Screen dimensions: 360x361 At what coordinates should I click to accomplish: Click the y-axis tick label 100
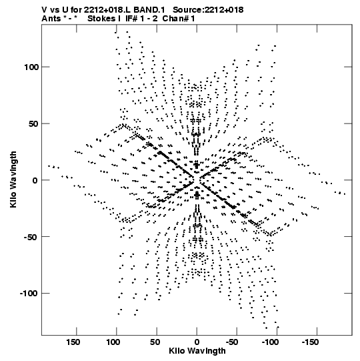click(x=31, y=67)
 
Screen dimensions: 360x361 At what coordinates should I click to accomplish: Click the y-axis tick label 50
click(x=34, y=124)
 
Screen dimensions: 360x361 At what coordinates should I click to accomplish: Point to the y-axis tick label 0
click(x=35, y=180)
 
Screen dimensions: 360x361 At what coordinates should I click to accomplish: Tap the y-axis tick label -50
click(x=31, y=237)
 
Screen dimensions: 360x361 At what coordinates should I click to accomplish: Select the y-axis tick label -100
click(x=29, y=294)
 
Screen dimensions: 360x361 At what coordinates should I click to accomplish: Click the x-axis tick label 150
click(x=73, y=342)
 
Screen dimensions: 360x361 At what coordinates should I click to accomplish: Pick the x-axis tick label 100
click(x=113, y=342)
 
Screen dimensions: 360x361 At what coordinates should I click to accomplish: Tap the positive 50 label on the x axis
click(x=155, y=342)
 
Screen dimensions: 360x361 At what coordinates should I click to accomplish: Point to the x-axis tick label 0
click(x=197, y=342)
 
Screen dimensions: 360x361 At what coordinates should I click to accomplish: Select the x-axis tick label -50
click(x=232, y=342)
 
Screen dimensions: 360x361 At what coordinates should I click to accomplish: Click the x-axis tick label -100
click(x=270, y=342)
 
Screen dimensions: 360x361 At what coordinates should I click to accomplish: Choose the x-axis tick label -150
click(x=310, y=342)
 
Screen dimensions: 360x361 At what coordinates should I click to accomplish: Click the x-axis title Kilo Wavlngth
click(x=197, y=351)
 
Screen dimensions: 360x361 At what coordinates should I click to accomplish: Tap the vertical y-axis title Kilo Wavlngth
click(x=13, y=179)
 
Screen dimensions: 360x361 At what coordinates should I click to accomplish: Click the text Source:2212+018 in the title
click(x=208, y=10)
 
